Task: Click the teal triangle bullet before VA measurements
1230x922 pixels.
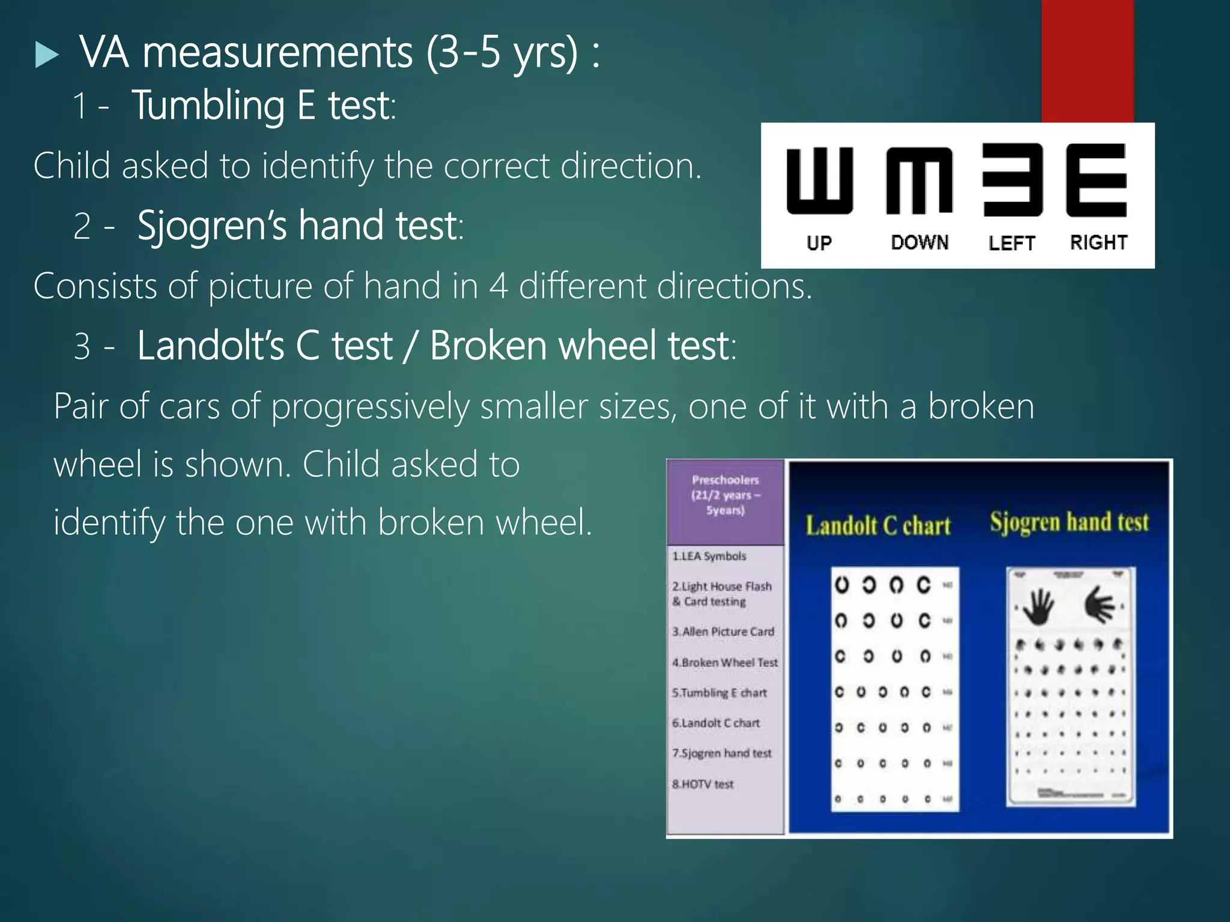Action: [x=47, y=55]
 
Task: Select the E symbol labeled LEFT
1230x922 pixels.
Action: [x=1013, y=180]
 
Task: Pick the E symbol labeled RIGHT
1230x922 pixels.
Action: [x=1096, y=180]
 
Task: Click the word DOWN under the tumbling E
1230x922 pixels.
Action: [x=919, y=243]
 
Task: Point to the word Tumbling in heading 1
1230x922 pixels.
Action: [x=208, y=106]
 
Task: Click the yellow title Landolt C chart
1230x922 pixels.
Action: [x=878, y=526]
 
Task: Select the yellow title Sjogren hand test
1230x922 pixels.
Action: [x=1069, y=522]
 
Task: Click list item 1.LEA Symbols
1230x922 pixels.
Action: [x=709, y=556]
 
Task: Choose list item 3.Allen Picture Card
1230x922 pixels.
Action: [x=723, y=631]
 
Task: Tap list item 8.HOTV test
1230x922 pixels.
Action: [x=703, y=784]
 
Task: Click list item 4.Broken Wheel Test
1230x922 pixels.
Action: [x=725, y=663]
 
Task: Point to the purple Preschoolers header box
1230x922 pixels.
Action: [x=725, y=501]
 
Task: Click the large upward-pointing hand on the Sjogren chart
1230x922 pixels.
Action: [x=1038, y=606]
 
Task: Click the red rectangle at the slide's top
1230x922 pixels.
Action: [x=1087, y=60]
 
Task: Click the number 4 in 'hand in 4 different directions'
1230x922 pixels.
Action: [x=498, y=286]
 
